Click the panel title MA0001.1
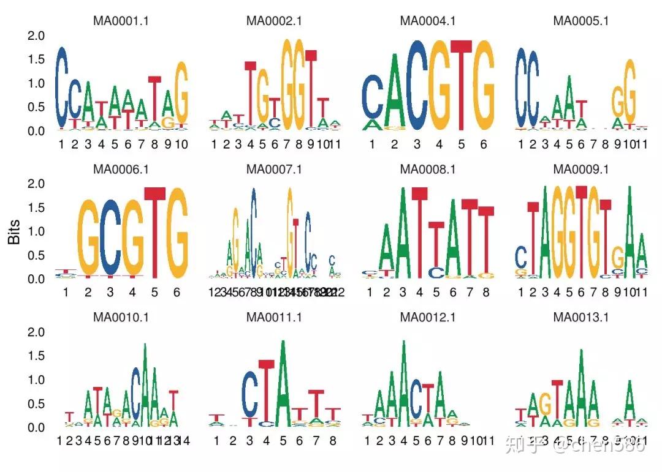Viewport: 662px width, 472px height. coord(121,20)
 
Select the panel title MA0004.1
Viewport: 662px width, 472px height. coord(428,20)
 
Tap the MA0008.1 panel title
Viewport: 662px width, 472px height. coord(428,168)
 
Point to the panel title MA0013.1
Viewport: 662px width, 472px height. coord(581,317)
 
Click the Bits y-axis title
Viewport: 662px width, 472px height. coord(14,232)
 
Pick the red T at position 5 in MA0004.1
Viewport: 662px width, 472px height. coord(461,86)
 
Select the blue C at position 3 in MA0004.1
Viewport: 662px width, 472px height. coord(417,86)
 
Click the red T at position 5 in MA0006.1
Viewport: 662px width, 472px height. coord(154,233)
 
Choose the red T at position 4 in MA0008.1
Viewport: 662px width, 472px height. coord(419,233)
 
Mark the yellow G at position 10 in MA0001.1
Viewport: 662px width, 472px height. coord(181,95)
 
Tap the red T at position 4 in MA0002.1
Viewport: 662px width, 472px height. coord(250,95)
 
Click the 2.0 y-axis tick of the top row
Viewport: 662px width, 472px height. coord(37,36)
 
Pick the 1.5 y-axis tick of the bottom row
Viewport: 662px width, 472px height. coord(37,356)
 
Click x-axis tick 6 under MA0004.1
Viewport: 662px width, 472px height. coord(483,144)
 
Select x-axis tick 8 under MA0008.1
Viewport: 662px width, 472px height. coord(486,293)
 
